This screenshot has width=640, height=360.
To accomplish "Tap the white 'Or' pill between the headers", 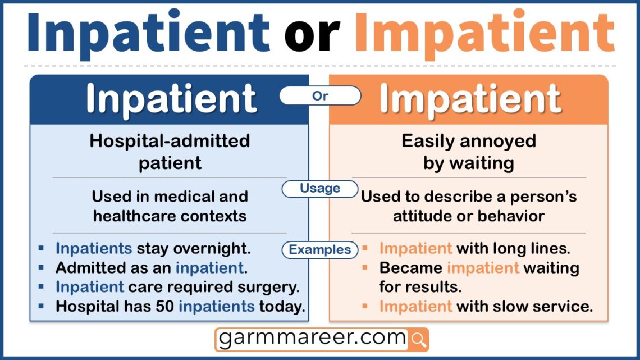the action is pos(320,95).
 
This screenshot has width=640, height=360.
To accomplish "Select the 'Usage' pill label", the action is pos(320,188).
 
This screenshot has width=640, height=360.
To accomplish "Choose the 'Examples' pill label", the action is pos(320,249).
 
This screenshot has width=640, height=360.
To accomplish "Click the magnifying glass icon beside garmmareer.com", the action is pos(418,339).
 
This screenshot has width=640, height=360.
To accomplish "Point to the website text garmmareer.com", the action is pos(312,338).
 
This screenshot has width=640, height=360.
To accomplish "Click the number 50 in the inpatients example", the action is pos(165,306).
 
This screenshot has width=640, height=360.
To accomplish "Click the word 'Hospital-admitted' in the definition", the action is pos(170,141).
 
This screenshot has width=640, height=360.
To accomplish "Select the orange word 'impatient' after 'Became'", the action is pos(483,268).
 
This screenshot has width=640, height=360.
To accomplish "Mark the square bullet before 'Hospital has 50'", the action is pos(41,306).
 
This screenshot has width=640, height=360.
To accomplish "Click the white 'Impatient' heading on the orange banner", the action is pos(470,99).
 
